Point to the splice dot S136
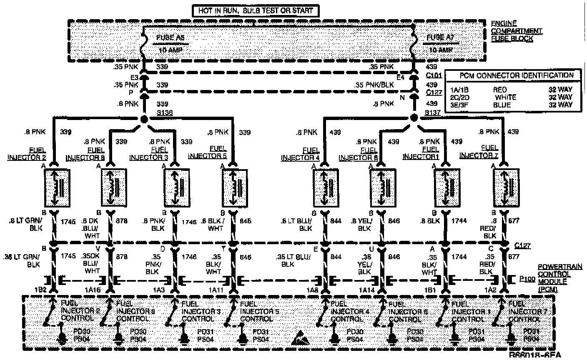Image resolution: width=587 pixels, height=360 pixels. [144, 120]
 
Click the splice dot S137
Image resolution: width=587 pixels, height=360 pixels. [414, 117]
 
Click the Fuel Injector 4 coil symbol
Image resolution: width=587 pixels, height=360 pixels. [326, 187]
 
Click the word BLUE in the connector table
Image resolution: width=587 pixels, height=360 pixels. [502, 105]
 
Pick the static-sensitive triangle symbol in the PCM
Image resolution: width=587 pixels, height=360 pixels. [301, 337]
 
